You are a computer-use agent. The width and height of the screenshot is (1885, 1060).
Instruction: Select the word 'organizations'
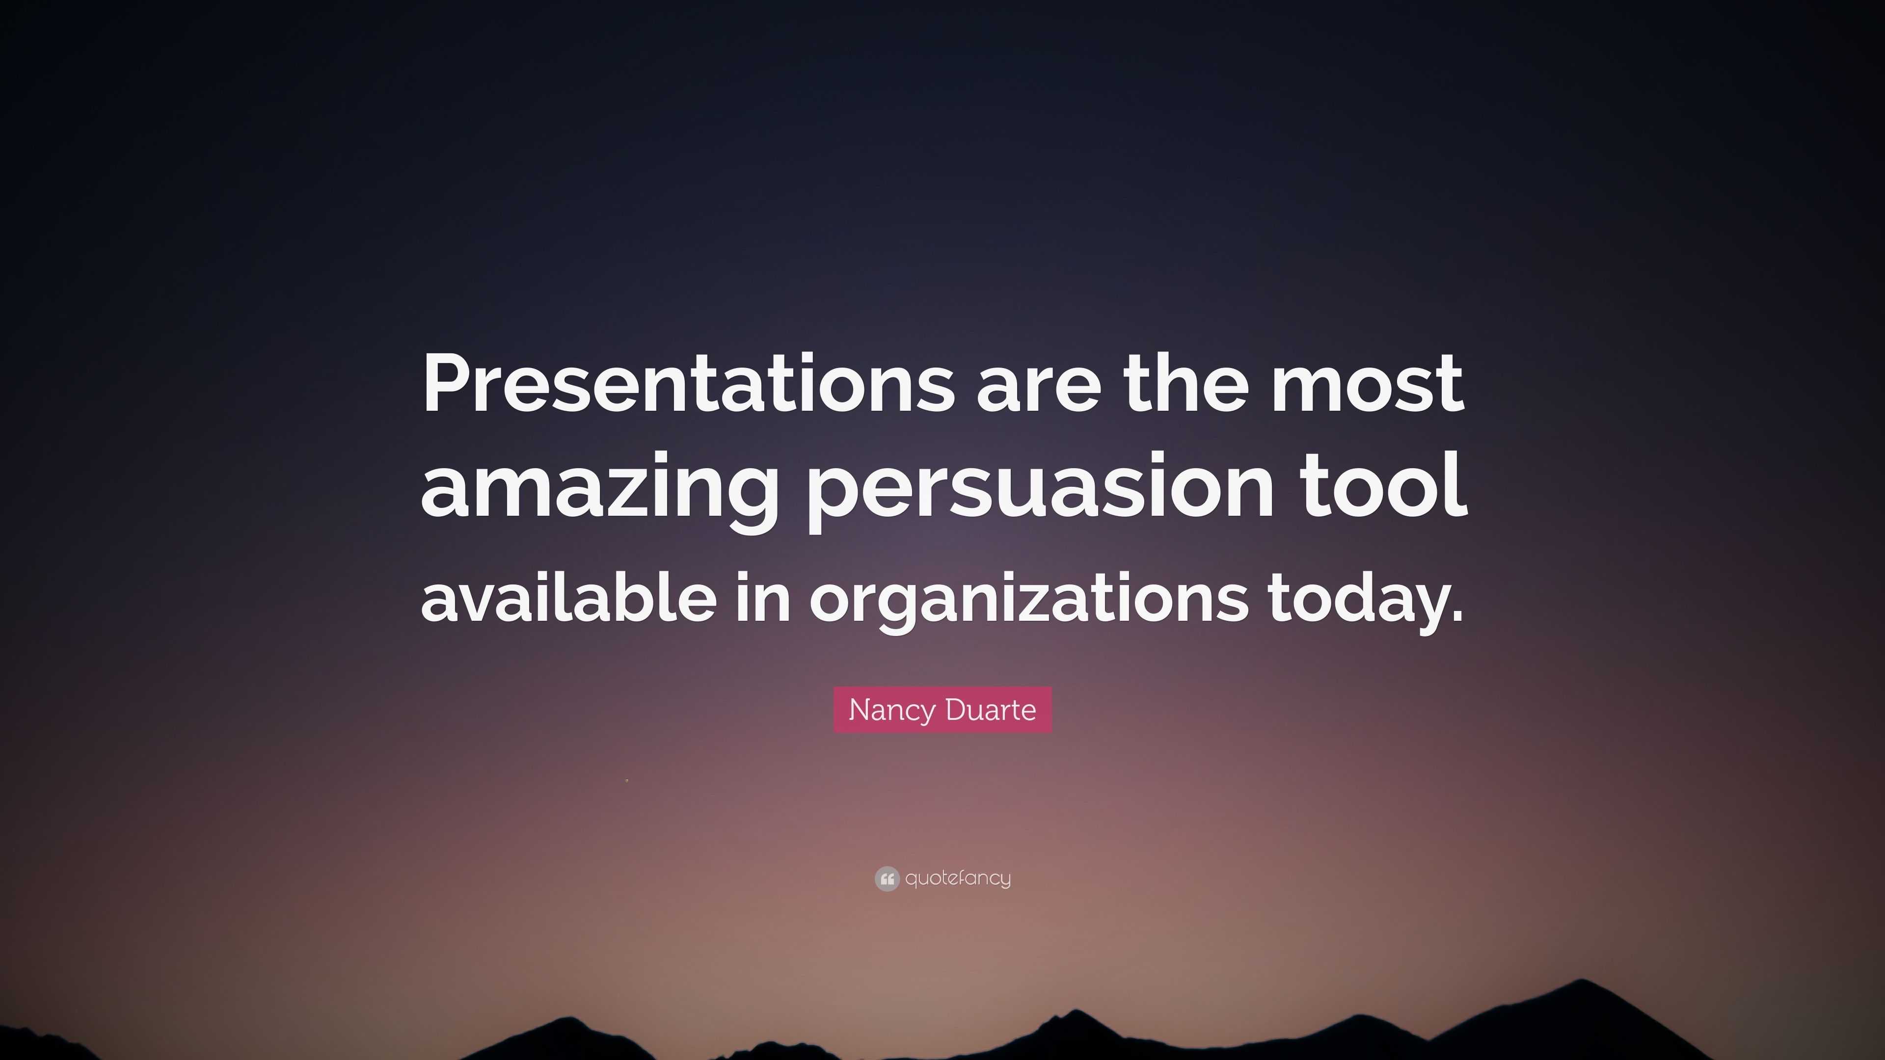click(1028, 600)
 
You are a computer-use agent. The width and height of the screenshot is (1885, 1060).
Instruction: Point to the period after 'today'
click(1454, 614)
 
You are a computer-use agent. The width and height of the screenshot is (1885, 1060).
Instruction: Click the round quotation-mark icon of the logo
click(886, 878)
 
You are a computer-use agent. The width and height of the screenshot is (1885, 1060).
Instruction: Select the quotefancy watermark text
click(958, 878)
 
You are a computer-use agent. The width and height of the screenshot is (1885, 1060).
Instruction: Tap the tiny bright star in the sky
click(627, 781)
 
